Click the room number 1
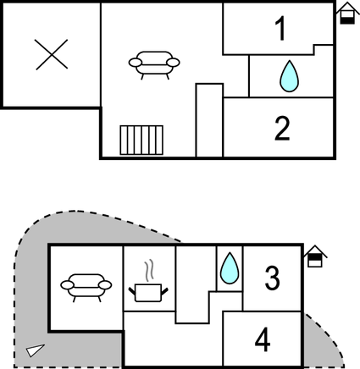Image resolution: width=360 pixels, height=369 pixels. coord(281,28)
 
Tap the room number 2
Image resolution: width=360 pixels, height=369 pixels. coord(282,129)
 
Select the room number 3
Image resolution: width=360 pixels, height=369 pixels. coord(273,278)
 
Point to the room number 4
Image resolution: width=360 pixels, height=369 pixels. coord(263,339)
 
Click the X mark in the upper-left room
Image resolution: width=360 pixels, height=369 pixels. coord(52,54)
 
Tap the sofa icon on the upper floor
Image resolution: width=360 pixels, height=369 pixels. coord(154,65)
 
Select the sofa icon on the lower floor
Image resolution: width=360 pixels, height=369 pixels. coord(86,288)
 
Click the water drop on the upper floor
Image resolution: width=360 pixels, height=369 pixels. coord(289,76)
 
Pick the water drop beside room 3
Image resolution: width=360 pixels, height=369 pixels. coord(230,268)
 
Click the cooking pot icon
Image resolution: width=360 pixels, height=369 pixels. coord(148,293)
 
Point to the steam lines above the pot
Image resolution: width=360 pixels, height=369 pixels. coord(150,270)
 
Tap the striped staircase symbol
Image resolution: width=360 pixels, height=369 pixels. coord(141,140)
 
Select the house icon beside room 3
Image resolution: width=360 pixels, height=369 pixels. coord(315,256)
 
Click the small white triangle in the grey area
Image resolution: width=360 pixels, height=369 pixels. coord(35,350)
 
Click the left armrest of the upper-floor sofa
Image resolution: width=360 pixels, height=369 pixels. coord(136,63)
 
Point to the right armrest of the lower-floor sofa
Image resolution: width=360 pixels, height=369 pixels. coord(105,285)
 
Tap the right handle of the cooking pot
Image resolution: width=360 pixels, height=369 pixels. coord(164,292)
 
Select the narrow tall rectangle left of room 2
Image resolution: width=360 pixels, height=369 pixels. coord(209,120)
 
